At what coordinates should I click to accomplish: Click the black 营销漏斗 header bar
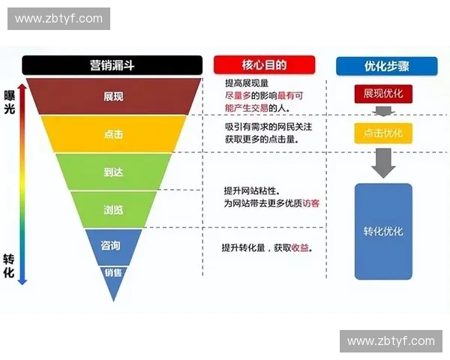[112, 65]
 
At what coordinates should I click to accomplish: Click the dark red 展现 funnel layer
[114, 97]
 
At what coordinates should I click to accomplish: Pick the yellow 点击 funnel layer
[114, 134]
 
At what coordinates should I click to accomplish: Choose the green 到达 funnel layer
[114, 172]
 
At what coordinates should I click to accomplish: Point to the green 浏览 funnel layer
[114, 209]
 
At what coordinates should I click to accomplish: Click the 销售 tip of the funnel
[113, 273]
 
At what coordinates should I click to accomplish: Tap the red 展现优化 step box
[383, 94]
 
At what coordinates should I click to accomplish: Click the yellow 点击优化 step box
[383, 133]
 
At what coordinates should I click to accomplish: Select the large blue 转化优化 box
[383, 231]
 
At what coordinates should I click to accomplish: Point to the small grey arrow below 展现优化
[383, 111]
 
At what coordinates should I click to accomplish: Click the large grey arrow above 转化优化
[383, 161]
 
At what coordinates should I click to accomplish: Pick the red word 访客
[310, 203]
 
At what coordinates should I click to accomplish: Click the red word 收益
[299, 247]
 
